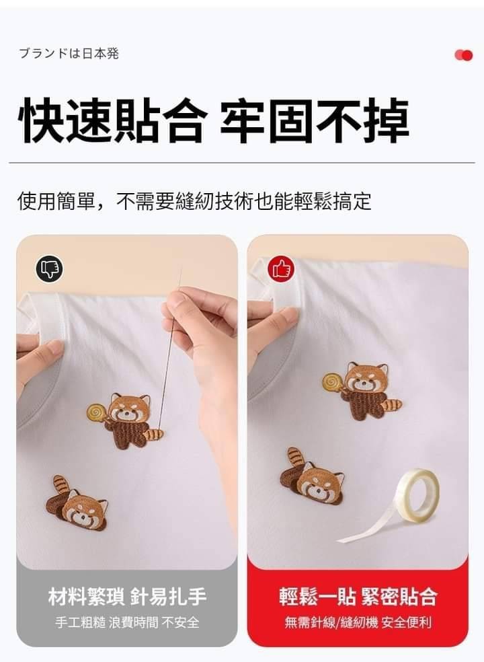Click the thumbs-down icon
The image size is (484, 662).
49,268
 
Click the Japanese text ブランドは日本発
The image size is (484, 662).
69,54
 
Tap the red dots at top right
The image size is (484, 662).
464,55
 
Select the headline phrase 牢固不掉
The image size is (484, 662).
315,120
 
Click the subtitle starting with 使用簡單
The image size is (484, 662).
194,201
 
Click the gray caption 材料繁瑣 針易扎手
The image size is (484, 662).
127,597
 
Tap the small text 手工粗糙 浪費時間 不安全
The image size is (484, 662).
127,622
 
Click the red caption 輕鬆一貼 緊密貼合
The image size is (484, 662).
358,597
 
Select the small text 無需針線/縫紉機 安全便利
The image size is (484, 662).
358,622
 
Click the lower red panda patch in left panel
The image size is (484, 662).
77,503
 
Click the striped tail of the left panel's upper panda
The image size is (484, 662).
153,433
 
